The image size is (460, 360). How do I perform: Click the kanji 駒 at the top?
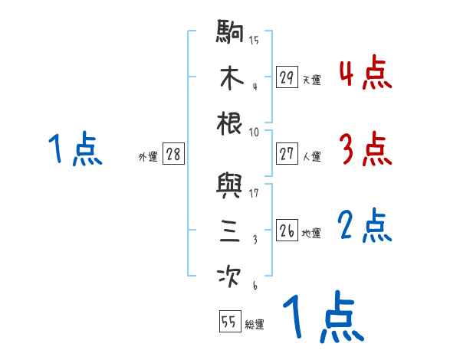pyautogui.click(x=231, y=33)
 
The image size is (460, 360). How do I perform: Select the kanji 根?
pyautogui.click(x=231, y=123)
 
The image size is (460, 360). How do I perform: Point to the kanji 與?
pyautogui.click(x=231, y=186)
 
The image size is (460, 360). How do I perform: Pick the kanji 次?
pyautogui.click(x=231, y=275)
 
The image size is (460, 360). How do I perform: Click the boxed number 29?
pyautogui.click(x=287, y=77)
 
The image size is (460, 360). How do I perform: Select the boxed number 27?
pyautogui.click(x=287, y=154)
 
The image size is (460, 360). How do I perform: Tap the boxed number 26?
pyautogui.click(x=287, y=231)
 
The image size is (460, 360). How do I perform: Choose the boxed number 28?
pyautogui.click(x=174, y=154)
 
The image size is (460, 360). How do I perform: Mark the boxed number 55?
pyautogui.click(x=228, y=322)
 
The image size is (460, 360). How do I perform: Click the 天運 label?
pyautogui.click(x=311, y=80)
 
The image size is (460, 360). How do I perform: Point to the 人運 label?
pyautogui.click(x=311, y=156)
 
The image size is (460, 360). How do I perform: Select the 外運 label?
pyautogui.click(x=148, y=156)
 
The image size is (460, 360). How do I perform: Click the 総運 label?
pyautogui.click(x=255, y=324)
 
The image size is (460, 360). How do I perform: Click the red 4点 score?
pyautogui.click(x=365, y=73)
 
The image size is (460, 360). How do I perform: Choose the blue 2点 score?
pyautogui.click(x=365, y=225)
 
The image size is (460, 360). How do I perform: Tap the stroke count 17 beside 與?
pyautogui.click(x=255, y=192)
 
